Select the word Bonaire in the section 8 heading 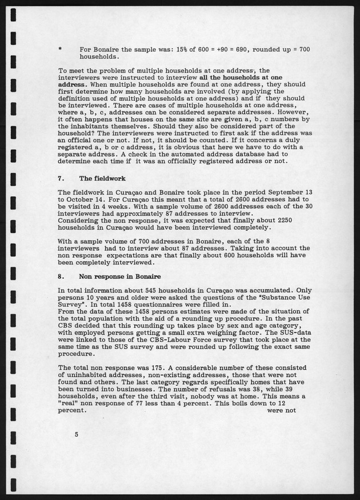pyautogui.click(x=145, y=276)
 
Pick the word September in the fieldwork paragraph pyautogui.click(x=276, y=194)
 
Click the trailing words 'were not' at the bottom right pyautogui.click(x=281, y=410)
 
